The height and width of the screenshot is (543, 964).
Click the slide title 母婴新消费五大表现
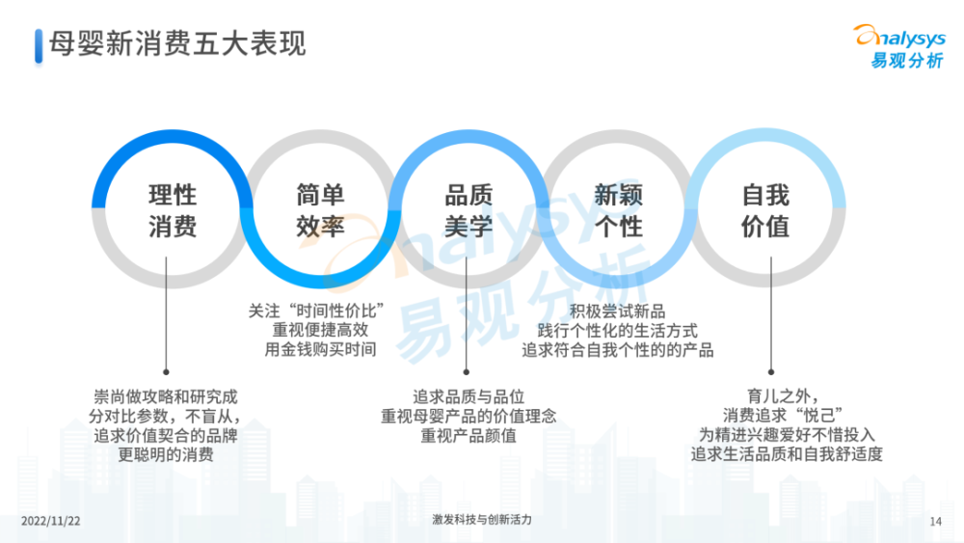(x=177, y=44)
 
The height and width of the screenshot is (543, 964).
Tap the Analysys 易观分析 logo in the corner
(x=900, y=46)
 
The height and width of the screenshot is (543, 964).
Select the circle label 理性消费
(x=173, y=211)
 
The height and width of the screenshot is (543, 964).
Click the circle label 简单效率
(x=320, y=211)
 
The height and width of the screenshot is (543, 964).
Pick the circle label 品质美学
(x=469, y=211)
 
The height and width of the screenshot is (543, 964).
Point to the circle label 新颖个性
(x=618, y=211)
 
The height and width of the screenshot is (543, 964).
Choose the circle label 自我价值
(x=765, y=211)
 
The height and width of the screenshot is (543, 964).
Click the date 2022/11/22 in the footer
(x=50, y=521)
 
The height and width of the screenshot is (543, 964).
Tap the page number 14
(x=936, y=522)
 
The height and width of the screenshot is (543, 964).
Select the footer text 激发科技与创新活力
(x=482, y=520)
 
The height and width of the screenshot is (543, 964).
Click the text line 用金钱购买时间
(x=320, y=349)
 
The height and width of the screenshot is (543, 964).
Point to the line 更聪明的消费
(x=166, y=454)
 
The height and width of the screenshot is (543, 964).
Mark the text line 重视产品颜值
(x=469, y=435)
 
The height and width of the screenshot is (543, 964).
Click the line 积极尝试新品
(x=617, y=312)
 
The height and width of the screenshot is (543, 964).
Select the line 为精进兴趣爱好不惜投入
(x=787, y=434)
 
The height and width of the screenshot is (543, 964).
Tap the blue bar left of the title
(x=39, y=46)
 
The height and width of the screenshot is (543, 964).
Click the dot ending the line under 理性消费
(x=166, y=372)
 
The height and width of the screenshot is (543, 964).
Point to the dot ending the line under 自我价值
(x=771, y=372)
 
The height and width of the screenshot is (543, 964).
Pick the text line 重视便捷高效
(x=320, y=330)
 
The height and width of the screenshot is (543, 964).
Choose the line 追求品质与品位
(x=469, y=396)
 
